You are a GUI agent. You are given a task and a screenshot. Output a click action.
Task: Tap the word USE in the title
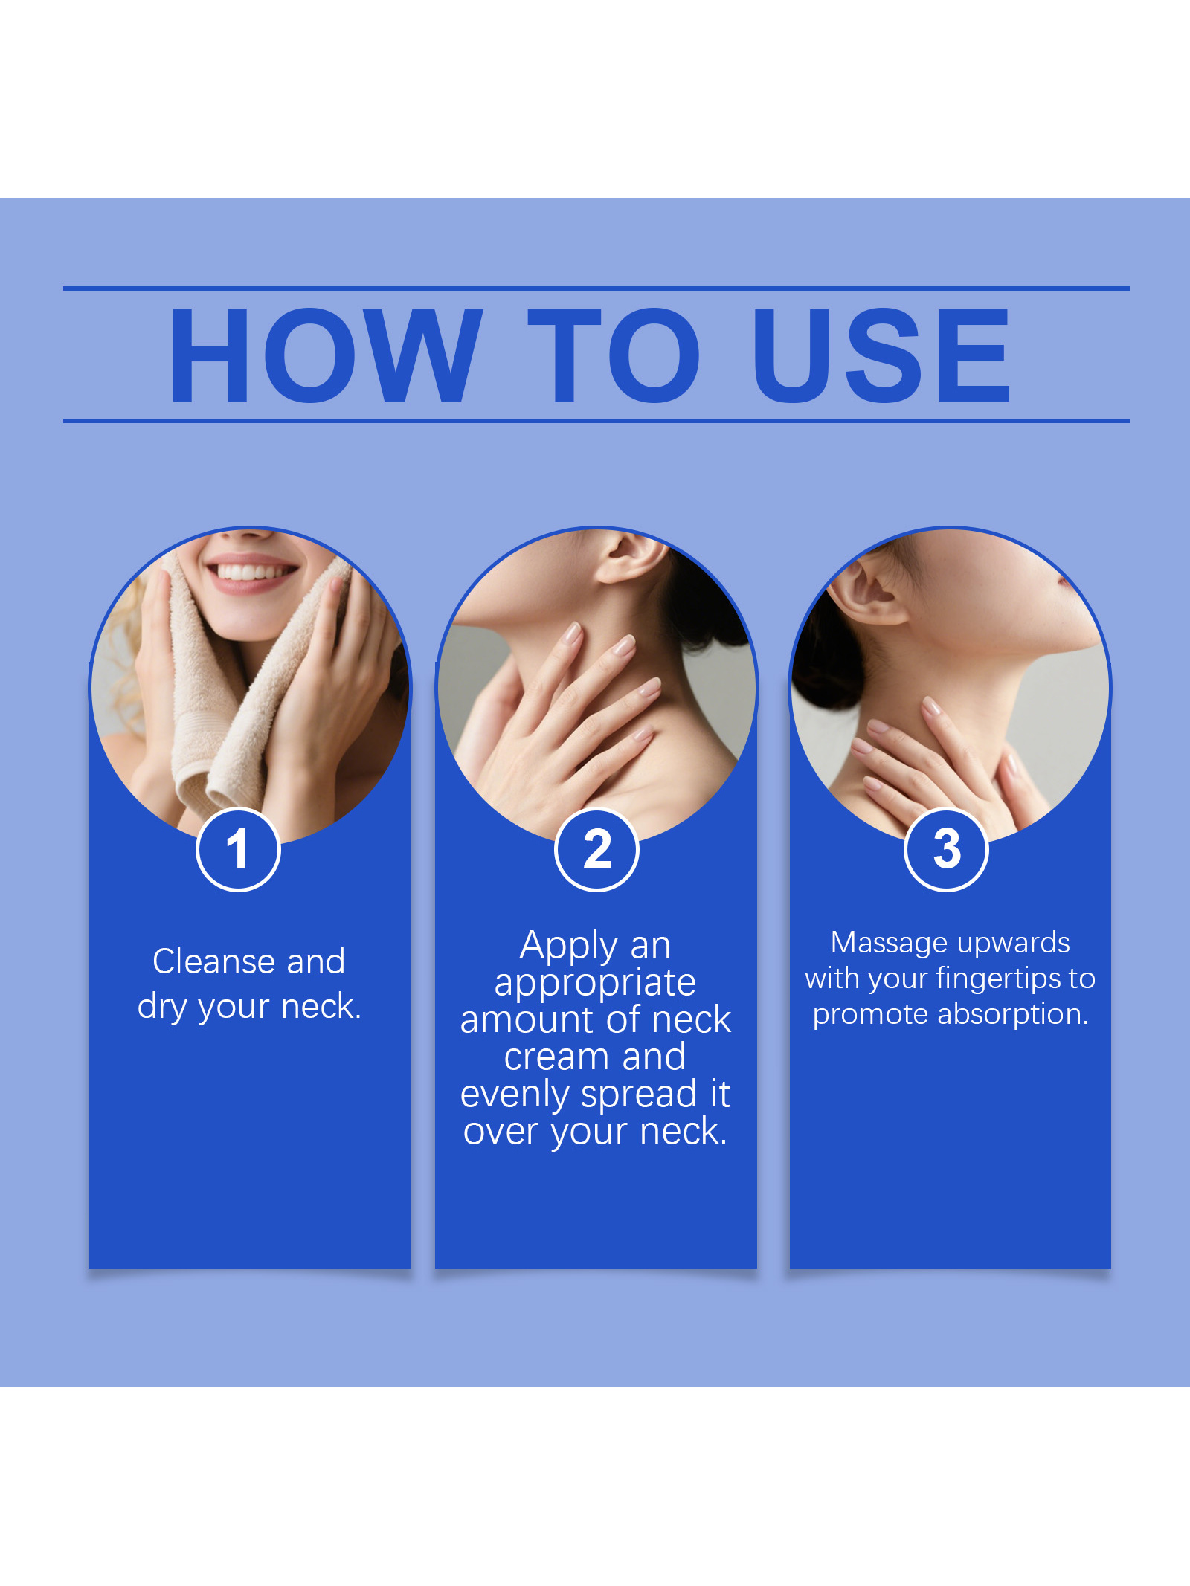tap(882, 355)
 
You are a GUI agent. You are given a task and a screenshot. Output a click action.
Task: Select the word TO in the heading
tap(614, 355)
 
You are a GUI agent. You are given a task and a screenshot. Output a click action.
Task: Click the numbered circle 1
tap(238, 849)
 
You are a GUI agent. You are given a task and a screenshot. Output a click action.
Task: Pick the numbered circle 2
tap(596, 849)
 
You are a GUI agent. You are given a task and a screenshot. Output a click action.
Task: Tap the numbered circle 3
tap(946, 849)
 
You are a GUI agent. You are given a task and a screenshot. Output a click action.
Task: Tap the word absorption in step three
tap(1012, 1014)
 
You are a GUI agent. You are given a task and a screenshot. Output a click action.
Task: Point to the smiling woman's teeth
tap(249, 572)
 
